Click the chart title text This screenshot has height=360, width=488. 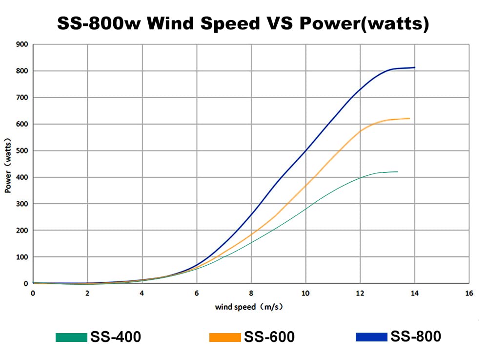(243, 23)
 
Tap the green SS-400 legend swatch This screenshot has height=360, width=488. (71, 337)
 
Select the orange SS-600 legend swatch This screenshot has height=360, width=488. (225, 337)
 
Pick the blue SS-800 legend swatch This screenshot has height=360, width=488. (371, 337)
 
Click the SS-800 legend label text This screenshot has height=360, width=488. (416, 337)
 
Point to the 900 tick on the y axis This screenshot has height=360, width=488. (22, 44)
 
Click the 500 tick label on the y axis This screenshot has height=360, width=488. (22, 151)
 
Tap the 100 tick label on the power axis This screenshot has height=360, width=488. (22, 257)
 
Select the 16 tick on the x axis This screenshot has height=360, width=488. (469, 293)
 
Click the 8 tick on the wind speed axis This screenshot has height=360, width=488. (251, 293)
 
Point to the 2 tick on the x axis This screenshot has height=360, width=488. (87, 293)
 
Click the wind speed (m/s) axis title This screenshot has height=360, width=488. (249, 307)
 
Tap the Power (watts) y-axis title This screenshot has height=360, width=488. (8, 166)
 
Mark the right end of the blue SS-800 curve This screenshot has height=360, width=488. (414, 67)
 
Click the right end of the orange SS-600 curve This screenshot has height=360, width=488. (409, 118)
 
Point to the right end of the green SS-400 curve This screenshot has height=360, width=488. (398, 172)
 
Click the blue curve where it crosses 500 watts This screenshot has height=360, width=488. (306, 151)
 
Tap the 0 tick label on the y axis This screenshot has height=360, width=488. (25, 284)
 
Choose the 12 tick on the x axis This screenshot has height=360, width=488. (360, 293)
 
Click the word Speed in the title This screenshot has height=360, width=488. (230, 23)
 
